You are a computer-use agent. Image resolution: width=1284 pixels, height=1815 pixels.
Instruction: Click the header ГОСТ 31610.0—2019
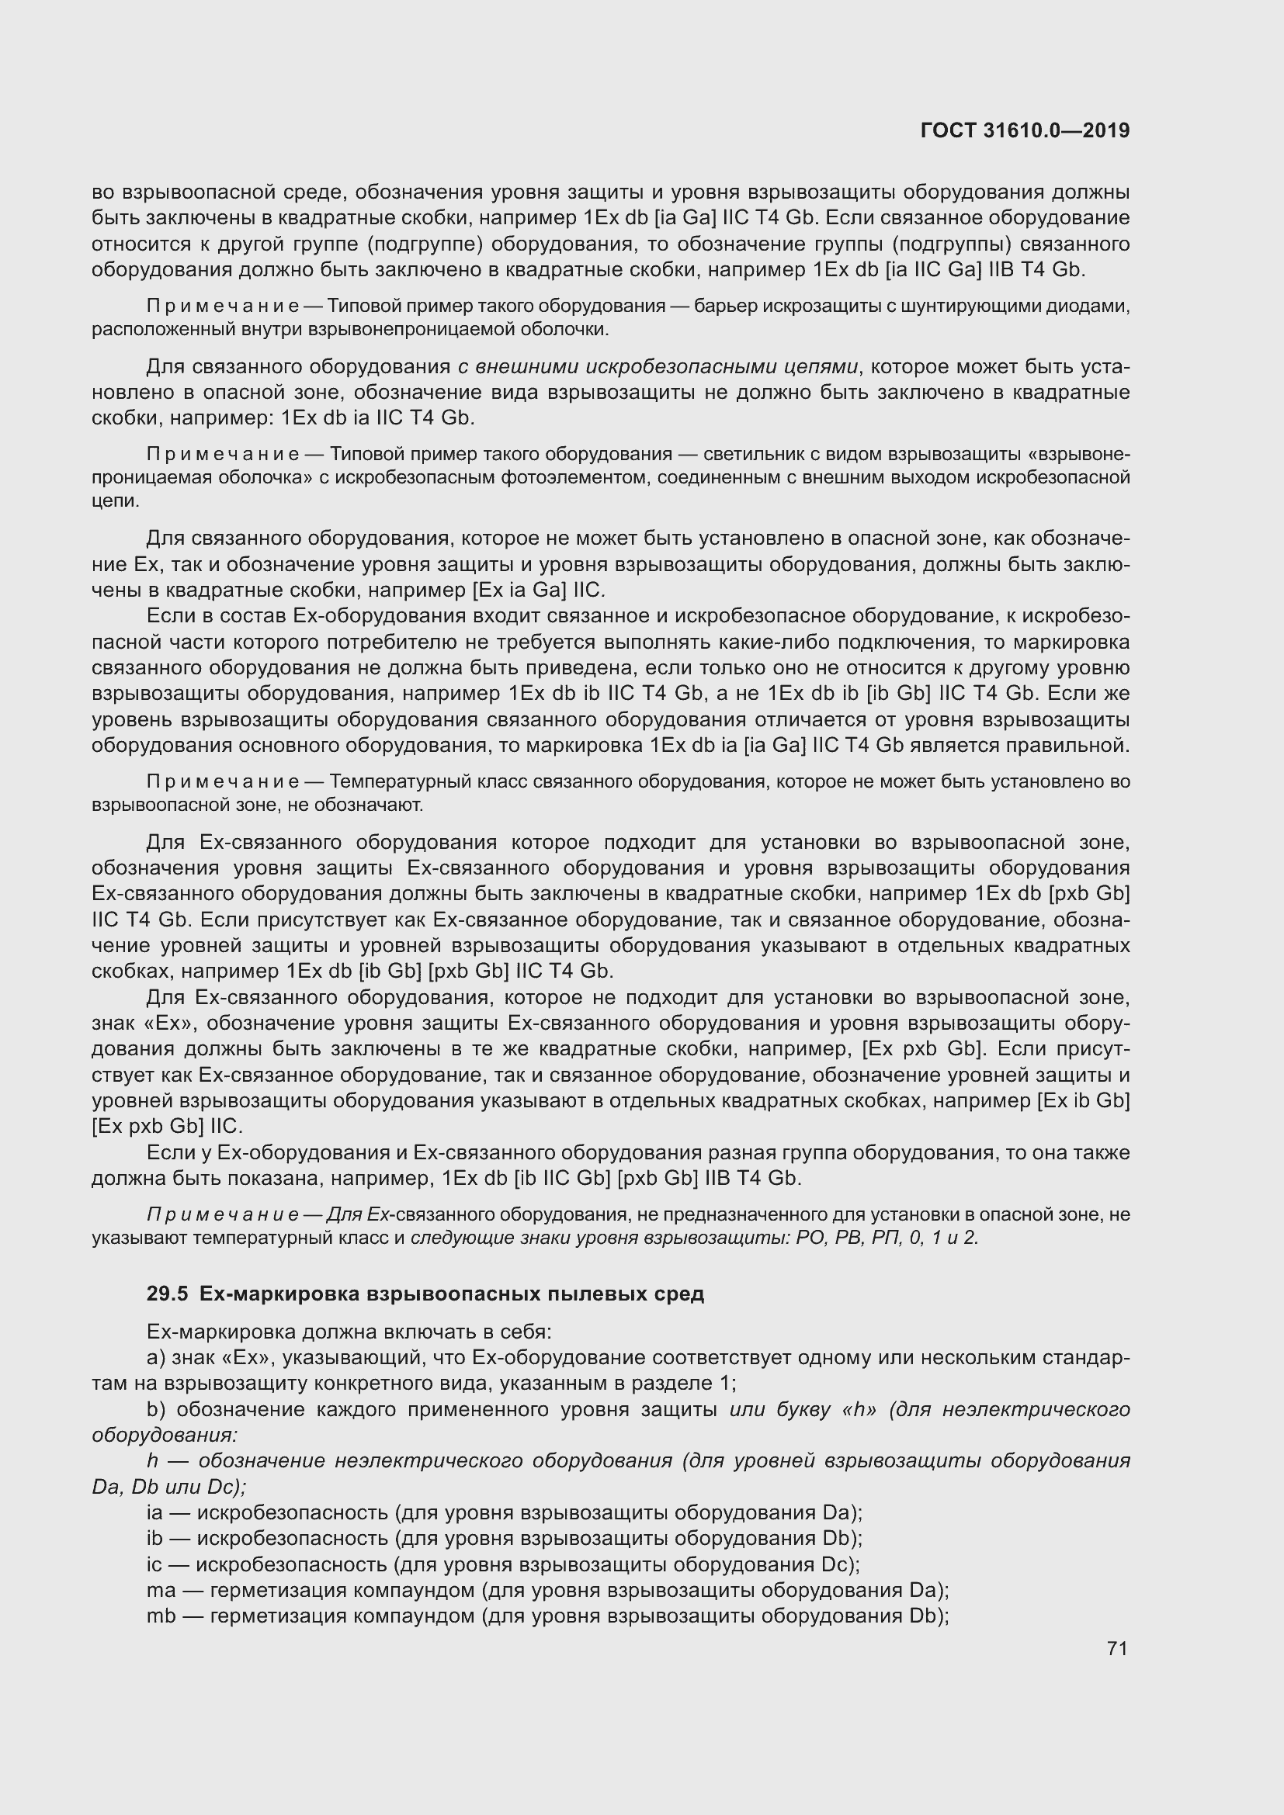pyautogui.click(x=1025, y=131)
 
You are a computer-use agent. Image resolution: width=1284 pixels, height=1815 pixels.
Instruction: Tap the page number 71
pyautogui.click(x=1116, y=1648)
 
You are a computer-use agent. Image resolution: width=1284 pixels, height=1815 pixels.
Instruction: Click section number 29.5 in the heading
pyautogui.click(x=167, y=1294)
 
